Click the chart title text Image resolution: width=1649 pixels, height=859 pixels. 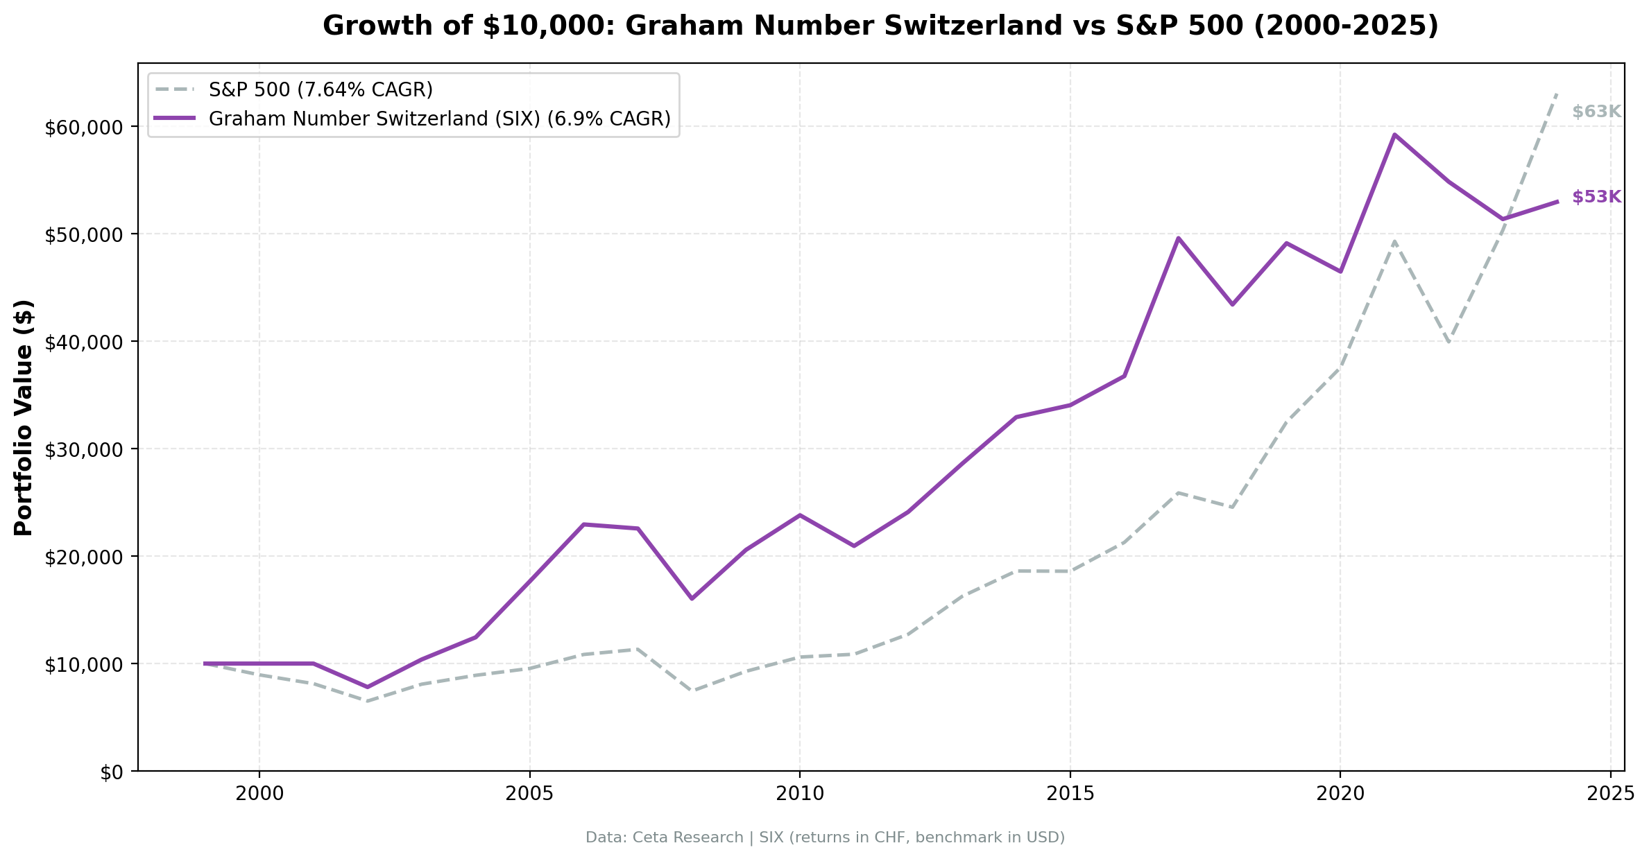pos(880,26)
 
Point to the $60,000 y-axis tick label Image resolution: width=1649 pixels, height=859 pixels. pos(83,128)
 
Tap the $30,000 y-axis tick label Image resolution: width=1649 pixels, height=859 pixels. pos(83,450)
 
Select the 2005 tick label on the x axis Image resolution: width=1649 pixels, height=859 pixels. pos(529,795)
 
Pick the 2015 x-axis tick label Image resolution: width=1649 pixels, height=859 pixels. pos(1070,795)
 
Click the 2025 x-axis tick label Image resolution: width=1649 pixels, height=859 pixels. pos(1610,795)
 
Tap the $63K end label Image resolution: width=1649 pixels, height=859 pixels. pos(1596,112)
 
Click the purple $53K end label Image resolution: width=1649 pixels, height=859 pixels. pos(1596,197)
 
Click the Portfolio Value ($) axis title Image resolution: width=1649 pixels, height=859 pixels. pos(24,417)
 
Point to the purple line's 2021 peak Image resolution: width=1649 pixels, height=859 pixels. pos(1394,135)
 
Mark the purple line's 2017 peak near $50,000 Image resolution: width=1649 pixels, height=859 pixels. pos(1178,238)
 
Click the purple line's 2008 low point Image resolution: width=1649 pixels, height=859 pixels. pos(692,598)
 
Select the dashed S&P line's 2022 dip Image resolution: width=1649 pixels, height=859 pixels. pos(1449,342)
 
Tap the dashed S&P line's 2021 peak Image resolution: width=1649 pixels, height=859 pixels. pos(1394,241)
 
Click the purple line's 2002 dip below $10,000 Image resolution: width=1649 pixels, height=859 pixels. pos(368,687)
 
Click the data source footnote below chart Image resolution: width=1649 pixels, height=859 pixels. pos(825,838)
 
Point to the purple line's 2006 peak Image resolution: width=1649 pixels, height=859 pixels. pos(583,524)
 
